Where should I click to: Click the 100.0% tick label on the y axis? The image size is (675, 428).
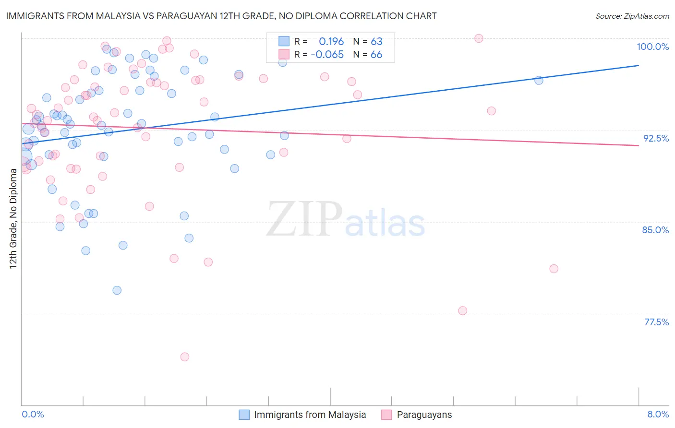(x=652, y=47)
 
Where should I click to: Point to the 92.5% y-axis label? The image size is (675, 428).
(x=656, y=138)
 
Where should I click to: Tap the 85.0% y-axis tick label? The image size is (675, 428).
(x=655, y=230)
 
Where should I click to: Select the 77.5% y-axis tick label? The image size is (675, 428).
(x=656, y=322)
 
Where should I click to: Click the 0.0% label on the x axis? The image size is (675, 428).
(x=33, y=414)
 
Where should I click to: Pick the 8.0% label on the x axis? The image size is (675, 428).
(x=658, y=414)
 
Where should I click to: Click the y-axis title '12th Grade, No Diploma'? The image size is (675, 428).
(x=13, y=219)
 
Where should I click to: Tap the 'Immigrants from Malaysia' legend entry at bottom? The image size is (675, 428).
(x=310, y=415)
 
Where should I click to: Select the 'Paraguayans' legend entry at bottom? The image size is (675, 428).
(x=424, y=415)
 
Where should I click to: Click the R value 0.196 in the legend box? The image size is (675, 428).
(x=331, y=42)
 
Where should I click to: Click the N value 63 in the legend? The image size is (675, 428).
(x=376, y=42)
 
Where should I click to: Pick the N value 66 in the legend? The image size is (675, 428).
(x=376, y=55)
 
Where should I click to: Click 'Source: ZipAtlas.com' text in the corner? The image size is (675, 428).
(x=632, y=16)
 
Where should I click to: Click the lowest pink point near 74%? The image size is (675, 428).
(x=185, y=357)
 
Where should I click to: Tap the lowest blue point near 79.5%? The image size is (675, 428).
(x=117, y=290)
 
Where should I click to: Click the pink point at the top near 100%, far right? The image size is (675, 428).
(x=479, y=38)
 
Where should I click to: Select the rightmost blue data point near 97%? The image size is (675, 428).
(x=539, y=81)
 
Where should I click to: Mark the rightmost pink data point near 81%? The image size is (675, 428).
(x=554, y=269)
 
